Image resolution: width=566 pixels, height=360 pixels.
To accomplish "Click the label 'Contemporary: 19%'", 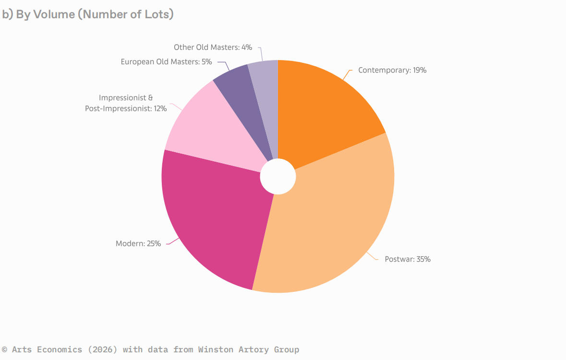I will coord(392,70).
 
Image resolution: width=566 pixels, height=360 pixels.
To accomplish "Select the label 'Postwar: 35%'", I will coord(408,259).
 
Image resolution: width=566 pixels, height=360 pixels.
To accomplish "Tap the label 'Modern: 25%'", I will coord(138,243).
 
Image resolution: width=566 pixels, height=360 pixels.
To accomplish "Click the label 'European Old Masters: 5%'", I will coord(166,61).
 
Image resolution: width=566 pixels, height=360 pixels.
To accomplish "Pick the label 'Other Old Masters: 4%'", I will coord(213,47).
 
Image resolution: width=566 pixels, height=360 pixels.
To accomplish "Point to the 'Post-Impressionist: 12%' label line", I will coord(126,108).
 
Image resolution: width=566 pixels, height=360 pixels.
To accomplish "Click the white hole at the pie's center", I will coord(277,177).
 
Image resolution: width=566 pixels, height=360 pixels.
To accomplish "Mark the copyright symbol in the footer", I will coord(5,349).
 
